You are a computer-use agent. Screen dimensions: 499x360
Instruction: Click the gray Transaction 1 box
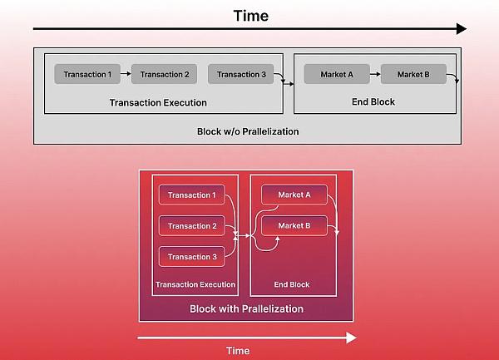(x=87, y=74)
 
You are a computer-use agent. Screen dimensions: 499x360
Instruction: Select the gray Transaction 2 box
(x=164, y=74)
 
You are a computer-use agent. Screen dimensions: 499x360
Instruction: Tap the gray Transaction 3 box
(x=241, y=74)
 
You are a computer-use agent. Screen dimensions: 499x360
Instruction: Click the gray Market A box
(x=337, y=74)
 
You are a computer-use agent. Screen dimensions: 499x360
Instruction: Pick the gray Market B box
(x=413, y=74)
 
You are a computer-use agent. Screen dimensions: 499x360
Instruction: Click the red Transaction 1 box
(x=192, y=195)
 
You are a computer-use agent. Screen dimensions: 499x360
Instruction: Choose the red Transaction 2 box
(x=192, y=226)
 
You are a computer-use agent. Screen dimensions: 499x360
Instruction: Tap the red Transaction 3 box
(x=192, y=257)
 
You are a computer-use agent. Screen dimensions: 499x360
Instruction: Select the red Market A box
(x=294, y=195)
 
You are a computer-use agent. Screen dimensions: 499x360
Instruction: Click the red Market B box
(x=294, y=225)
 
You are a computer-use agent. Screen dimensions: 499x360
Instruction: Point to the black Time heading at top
(x=251, y=16)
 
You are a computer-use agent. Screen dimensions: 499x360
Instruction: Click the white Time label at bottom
(x=238, y=351)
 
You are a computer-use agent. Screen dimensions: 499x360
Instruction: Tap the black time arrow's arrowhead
(x=462, y=28)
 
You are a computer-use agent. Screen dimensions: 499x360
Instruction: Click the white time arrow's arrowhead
(x=351, y=338)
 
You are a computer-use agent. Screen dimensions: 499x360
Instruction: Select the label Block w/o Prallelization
(x=248, y=131)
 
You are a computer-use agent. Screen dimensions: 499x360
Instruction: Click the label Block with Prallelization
(x=247, y=308)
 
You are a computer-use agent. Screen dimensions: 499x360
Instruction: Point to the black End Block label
(x=373, y=101)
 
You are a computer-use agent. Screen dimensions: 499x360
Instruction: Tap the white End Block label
(x=292, y=284)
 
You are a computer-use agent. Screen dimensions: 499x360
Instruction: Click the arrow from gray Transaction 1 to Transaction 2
(x=126, y=74)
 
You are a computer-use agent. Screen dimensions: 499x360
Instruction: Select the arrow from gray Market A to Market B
(x=375, y=74)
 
